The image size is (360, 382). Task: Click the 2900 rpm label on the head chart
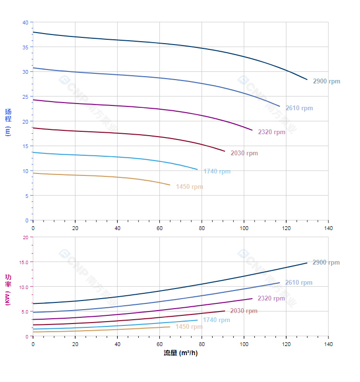326,81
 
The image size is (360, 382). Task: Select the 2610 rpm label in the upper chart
299,108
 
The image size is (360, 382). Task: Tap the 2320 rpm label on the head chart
271,132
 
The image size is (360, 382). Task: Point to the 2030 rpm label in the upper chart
244,153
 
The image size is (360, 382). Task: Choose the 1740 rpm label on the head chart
217,172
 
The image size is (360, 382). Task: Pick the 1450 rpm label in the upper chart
189,187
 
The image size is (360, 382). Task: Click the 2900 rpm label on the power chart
326,263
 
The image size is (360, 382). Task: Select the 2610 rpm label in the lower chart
299,283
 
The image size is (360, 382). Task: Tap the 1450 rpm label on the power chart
189,327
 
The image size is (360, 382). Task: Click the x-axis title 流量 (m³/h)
180,353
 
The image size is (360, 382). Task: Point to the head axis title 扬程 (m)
8,122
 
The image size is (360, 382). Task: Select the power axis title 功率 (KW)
8,290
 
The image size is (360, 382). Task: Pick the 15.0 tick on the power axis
23,262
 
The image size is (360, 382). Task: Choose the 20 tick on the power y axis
25,237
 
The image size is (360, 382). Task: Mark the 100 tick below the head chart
244,228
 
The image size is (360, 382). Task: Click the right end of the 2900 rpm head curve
307,80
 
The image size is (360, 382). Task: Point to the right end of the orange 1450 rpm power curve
170,327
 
